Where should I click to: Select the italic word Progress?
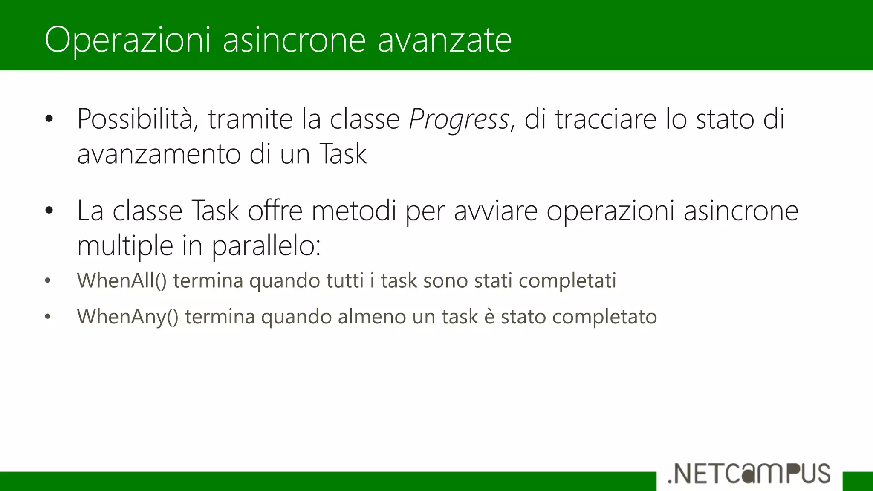point(459,119)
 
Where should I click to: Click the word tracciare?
point(605,119)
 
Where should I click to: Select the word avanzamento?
point(159,154)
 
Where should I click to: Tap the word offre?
point(275,211)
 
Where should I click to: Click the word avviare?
point(495,211)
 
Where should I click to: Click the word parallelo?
point(266,246)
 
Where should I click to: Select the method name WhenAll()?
point(122,281)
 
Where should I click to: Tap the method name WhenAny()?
point(128,317)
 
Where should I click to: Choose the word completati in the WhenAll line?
point(567,281)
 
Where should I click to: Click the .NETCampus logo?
point(749,474)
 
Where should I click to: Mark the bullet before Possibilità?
point(49,119)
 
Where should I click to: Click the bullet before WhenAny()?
point(48,317)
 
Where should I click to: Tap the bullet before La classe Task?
point(49,210)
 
